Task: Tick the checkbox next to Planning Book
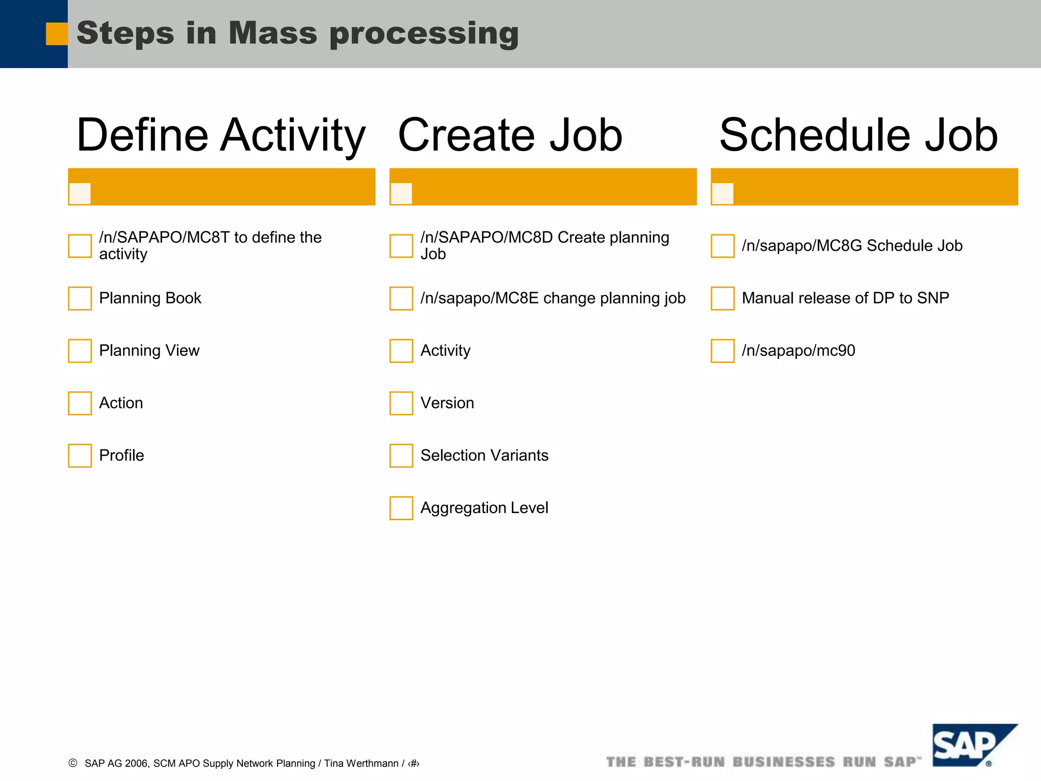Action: pyautogui.click(x=80, y=298)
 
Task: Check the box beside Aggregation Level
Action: pyautogui.click(x=401, y=508)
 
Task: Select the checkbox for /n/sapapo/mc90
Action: pyautogui.click(x=722, y=351)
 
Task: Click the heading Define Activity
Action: pyautogui.click(x=221, y=135)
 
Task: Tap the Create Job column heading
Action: pyautogui.click(x=510, y=135)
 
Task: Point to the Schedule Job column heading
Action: pyautogui.click(x=859, y=135)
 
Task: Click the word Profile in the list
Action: pyautogui.click(x=121, y=455)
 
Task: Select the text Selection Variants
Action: pyautogui.click(x=484, y=455)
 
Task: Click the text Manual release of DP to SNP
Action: pyautogui.click(x=845, y=298)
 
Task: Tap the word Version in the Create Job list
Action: pyautogui.click(x=447, y=403)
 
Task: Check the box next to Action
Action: pyautogui.click(x=80, y=403)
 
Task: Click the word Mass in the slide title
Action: pyautogui.click(x=272, y=33)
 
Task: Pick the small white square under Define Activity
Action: pyautogui.click(x=80, y=194)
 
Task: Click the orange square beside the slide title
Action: pyautogui.click(x=56, y=34)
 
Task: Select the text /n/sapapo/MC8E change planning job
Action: pyautogui.click(x=553, y=298)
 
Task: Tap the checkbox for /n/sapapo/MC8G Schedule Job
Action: pyautogui.click(x=722, y=246)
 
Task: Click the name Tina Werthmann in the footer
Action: pyautogui.click(x=361, y=763)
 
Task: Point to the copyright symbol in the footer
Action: pyautogui.click(x=73, y=763)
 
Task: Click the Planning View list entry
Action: pyautogui.click(x=149, y=350)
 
